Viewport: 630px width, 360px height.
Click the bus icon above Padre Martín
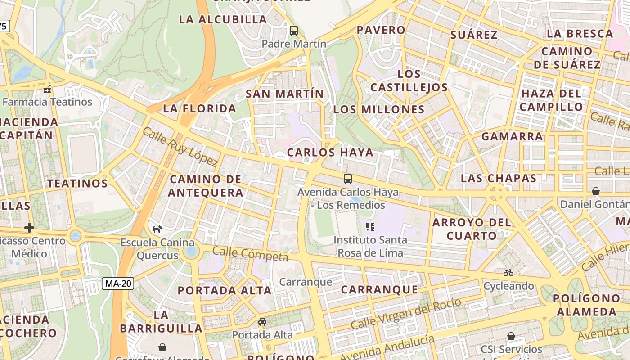pyautogui.click(x=294, y=31)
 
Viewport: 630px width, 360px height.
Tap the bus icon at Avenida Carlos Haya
pyautogui.click(x=348, y=179)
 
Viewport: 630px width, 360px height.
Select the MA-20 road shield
pyautogui.click(x=117, y=283)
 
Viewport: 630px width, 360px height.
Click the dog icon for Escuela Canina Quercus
pyautogui.click(x=157, y=229)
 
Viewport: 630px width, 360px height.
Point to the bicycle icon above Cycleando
pyautogui.click(x=508, y=273)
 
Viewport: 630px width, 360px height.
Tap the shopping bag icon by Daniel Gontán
pyautogui.click(x=596, y=191)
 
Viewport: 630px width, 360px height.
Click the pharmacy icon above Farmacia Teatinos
pyautogui.click(x=47, y=89)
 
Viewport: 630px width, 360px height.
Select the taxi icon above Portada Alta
pyautogui.click(x=262, y=322)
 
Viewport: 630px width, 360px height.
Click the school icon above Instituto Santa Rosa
pyautogui.click(x=370, y=227)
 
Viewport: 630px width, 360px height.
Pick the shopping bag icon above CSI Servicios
pyautogui.click(x=511, y=336)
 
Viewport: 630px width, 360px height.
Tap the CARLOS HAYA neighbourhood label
pyautogui.click(x=330, y=153)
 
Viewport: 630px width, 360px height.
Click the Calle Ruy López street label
pyautogui.click(x=180, y=147)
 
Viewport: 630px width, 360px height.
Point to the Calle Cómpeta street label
pyautogui.click(x=250, y=254)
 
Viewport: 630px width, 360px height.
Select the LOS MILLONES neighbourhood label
pyautogui.click(x=379, y=109)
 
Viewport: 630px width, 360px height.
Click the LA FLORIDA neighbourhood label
pyautogui.click(x=200, y=108)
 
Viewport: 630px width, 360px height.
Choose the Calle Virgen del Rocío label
pyautogui.click(x=406, y=314)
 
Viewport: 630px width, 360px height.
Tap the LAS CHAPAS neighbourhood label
pyautogui.click(x=499, y=178)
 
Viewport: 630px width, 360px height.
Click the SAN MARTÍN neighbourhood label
pyautogui.click(x=284, y=94)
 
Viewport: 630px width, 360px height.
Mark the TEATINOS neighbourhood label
pyautogui.click(x=78, y=183)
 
